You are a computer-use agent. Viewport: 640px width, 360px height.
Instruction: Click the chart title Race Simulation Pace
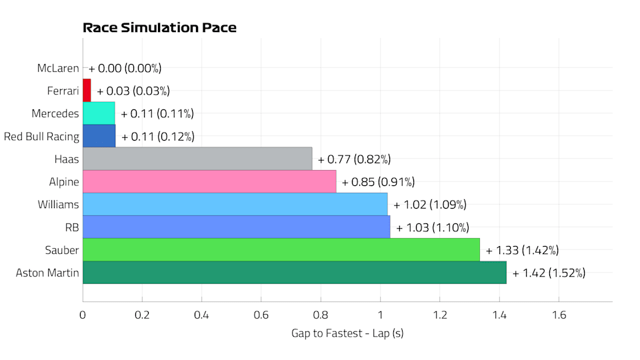point(159,28)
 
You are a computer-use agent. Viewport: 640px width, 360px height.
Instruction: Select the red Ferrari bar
point(87,91)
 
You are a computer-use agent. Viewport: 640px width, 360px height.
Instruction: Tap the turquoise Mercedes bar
point(99,113)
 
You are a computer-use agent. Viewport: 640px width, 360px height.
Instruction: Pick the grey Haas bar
point(197,159)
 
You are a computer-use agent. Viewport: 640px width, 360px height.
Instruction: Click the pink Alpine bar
point(209,181)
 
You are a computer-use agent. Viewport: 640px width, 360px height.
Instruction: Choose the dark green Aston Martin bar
point(294,273)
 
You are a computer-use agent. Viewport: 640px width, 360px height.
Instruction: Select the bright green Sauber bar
point(281,250)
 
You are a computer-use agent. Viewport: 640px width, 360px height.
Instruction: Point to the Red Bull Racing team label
point(41,137)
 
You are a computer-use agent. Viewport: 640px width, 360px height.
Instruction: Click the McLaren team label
point(59,68)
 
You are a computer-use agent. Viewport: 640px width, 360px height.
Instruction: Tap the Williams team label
point(58,205)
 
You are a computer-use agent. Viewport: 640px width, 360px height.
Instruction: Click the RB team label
point(72,227)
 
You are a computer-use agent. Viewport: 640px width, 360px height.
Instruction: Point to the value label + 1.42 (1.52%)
point(549,273)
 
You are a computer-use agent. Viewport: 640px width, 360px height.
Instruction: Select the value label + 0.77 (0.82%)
point(354,159)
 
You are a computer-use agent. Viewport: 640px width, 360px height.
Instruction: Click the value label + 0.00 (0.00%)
point(125,68)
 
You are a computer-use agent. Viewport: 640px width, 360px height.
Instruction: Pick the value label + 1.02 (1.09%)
point(430,205)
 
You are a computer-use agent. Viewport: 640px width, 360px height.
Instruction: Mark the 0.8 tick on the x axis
point(321,315)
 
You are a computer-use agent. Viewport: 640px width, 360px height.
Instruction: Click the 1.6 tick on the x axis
point(558,315)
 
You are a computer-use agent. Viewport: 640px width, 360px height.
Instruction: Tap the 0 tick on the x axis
point(83,315)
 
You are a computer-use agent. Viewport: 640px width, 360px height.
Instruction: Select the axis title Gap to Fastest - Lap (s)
point(347,333)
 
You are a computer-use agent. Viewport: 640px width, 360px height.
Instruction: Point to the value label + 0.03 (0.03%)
point(133,91)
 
